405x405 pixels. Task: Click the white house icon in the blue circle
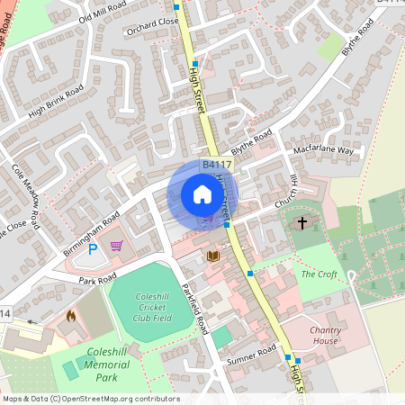click(202, 194)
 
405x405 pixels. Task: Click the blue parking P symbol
click(93, 249)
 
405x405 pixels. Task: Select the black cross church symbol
click(301, 221)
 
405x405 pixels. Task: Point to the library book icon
click(213, 256)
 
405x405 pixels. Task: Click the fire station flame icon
click(71, 317)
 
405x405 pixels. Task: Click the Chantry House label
click(325, 336)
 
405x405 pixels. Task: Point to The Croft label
click(319, 274)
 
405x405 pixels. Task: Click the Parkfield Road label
click(194, 307)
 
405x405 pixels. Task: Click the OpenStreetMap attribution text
click(90, 398)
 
